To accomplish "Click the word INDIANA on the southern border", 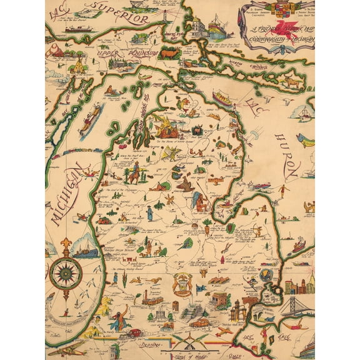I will click(x=151, y=344).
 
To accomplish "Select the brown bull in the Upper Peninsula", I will click(x=169, y=54).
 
